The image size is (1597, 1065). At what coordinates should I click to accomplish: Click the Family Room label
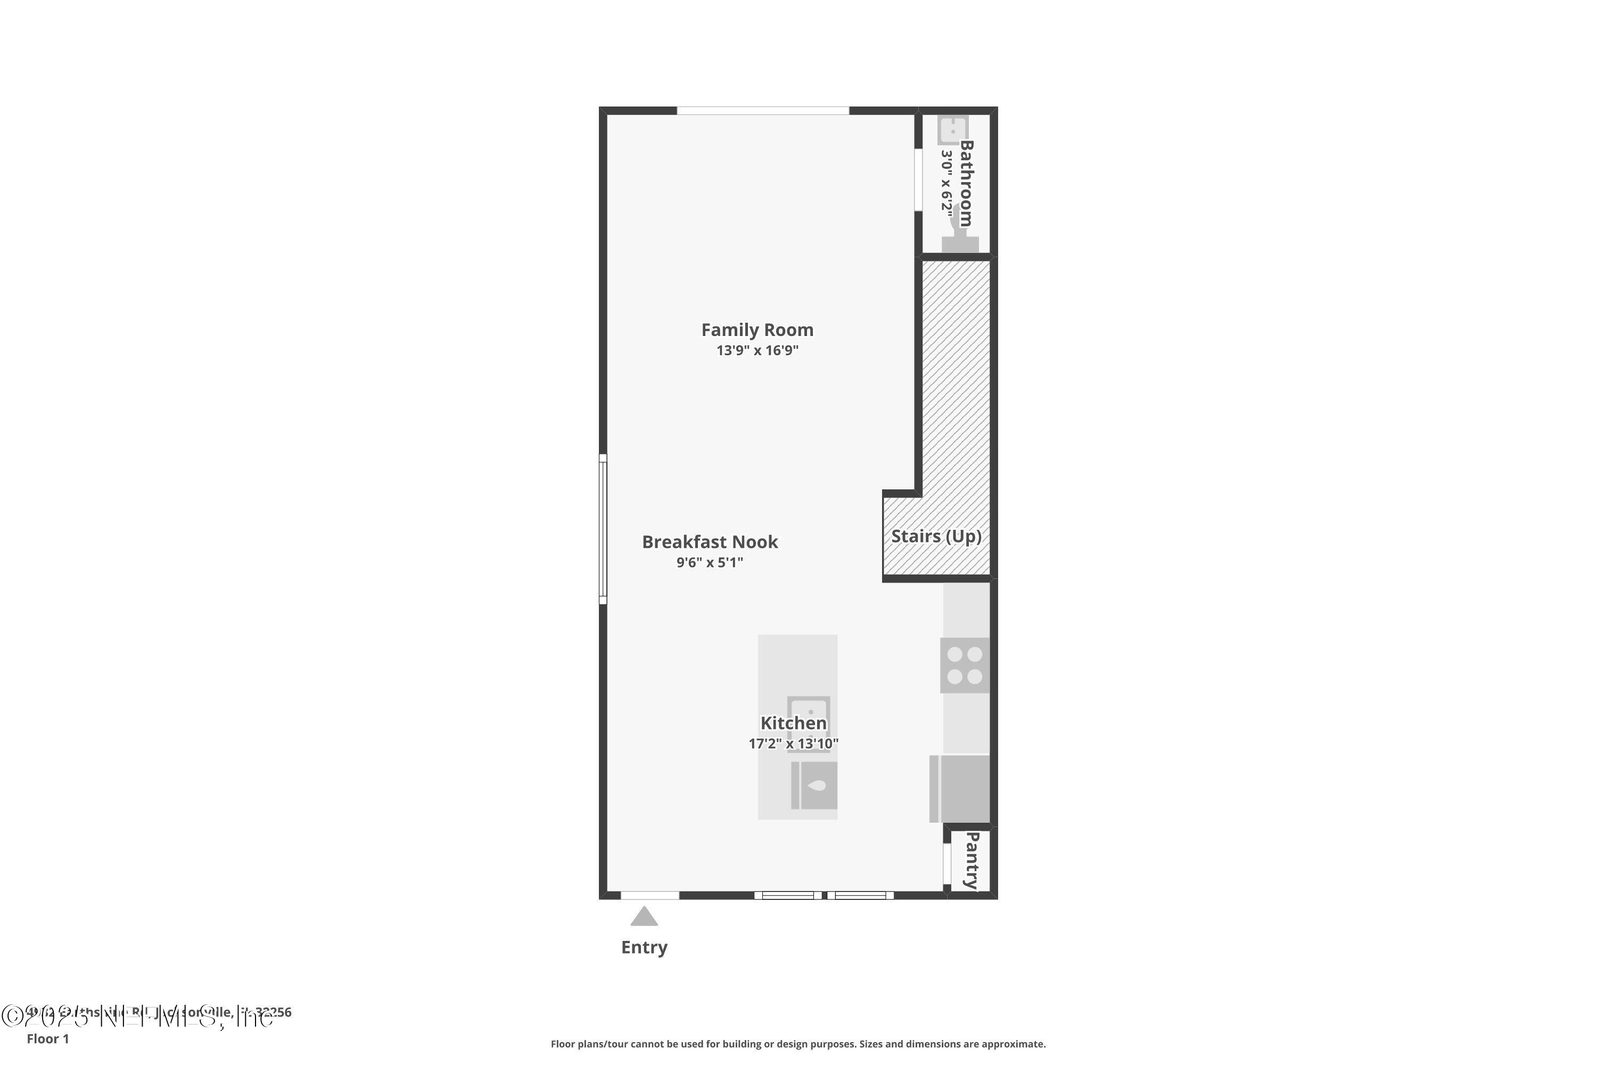757,330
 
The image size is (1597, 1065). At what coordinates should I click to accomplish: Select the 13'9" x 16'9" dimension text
757,350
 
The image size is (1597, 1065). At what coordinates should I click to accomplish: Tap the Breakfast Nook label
710,542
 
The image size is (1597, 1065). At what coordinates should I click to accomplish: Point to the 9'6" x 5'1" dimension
710,562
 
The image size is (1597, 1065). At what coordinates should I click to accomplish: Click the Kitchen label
793,723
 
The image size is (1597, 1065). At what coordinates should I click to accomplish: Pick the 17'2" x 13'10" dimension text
793,744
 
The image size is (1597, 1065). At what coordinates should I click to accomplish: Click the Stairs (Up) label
936,537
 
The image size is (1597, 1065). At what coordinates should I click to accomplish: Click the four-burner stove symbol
964,665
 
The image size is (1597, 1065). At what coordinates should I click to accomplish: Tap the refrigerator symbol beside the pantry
959,789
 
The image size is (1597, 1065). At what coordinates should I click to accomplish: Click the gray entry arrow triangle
644,917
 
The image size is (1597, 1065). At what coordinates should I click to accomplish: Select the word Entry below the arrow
644,947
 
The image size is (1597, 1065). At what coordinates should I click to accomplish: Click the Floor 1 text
47,1038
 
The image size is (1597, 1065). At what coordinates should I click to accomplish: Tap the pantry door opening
946,863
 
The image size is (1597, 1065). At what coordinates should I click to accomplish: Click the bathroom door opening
918,180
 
